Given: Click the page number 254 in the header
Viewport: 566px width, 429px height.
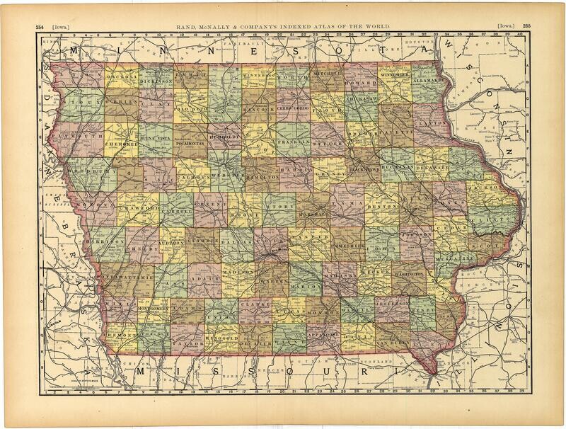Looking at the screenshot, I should pyautogui.click(x=40, y=26).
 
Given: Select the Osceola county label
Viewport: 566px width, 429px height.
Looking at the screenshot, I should pyautogui.click(x=120, y=78).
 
